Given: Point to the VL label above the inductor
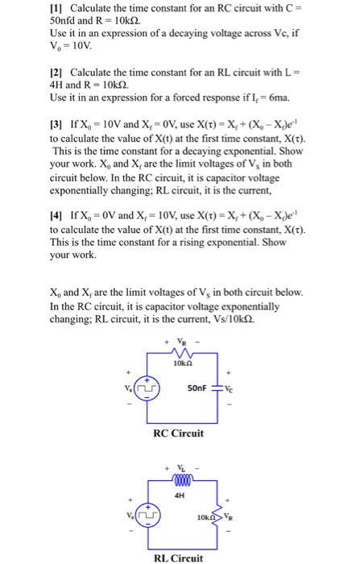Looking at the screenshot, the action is click(180, 467).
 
